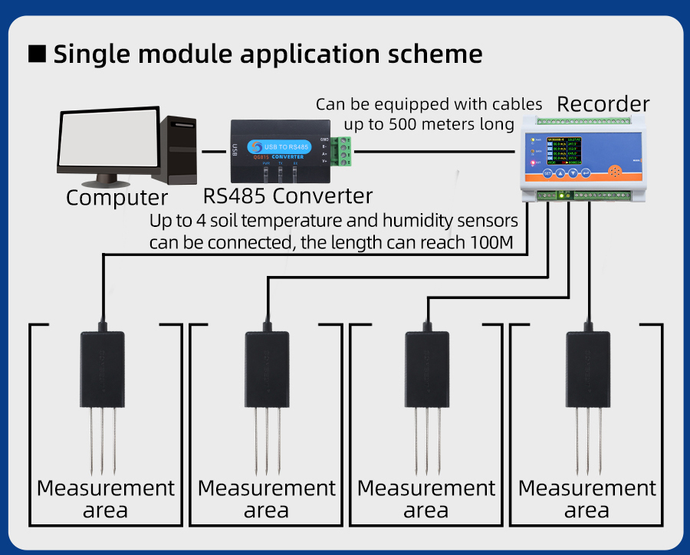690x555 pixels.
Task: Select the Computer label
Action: coord(117,198)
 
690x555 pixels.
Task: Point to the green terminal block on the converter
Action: coord(342,151)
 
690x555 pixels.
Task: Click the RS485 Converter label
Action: coord(287,195)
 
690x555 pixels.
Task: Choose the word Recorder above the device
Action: coord(603,104)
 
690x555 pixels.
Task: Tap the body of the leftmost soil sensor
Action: coord(102,368)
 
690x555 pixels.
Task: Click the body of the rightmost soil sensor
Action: coord(588,368)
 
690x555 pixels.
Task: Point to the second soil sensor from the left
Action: coord(266,368)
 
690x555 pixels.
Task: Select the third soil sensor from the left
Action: coord(427,368)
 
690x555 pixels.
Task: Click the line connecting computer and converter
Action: coord(214,151)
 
